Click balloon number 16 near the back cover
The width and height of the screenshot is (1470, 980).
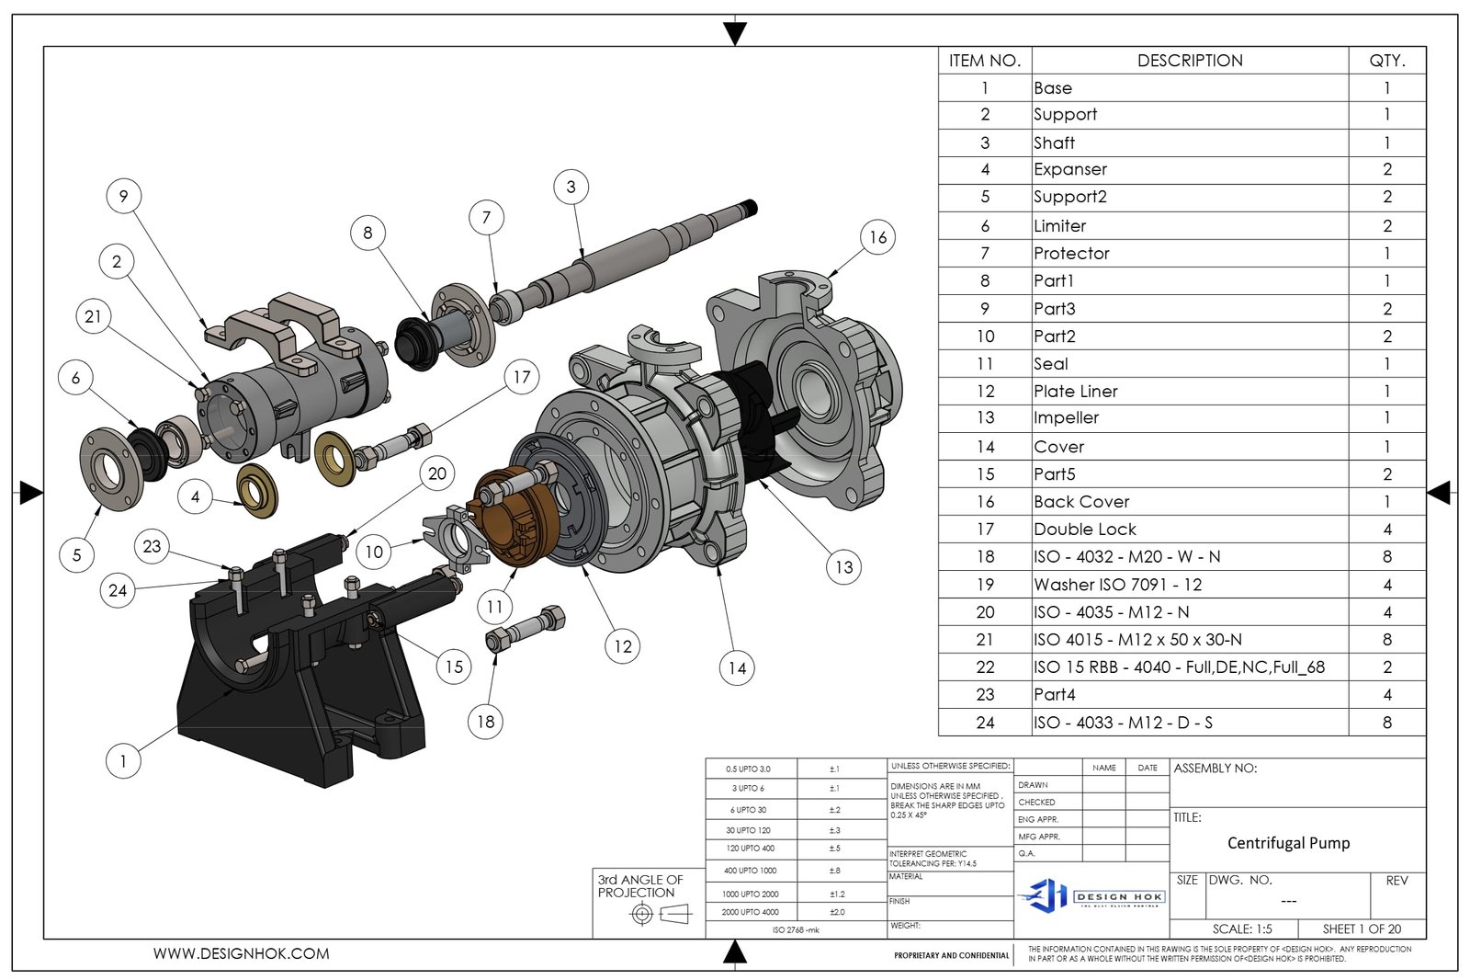[877, 237]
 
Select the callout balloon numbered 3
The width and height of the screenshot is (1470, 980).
[571, 187]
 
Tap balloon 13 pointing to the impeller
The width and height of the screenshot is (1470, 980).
[843, 567]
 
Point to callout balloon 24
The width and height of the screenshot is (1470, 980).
[118, 590]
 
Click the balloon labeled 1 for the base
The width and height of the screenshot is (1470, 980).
[123, 761]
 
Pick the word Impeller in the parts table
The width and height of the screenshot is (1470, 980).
[1066, 418]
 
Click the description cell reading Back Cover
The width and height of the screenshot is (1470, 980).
[1081, 502]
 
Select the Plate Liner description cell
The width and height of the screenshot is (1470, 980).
[1075, 392]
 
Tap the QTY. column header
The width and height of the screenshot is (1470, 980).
[1386, 61]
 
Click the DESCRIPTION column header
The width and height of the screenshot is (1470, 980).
[1190, 61]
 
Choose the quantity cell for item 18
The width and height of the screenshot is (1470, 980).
[1386, 557]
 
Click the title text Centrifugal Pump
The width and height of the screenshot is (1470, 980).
[1288, 843]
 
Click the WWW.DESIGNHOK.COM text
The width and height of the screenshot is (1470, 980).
[241, 954]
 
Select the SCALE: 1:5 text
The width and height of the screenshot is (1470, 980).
[1241, 929]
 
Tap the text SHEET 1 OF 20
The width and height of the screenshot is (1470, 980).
[1362, 929]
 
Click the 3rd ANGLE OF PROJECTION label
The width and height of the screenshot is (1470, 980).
[639, 886]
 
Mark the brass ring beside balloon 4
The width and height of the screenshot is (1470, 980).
[257, 490]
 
